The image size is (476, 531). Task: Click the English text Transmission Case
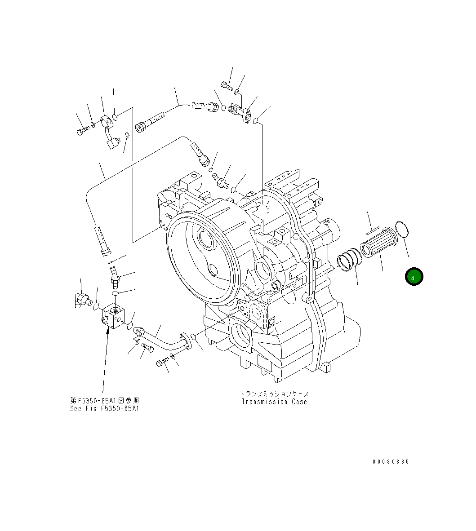tap(274, 402)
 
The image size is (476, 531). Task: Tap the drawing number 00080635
tap(391, 462)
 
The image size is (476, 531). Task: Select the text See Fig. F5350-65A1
tap(104, 408)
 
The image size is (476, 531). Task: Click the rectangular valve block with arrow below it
tap(114, 317)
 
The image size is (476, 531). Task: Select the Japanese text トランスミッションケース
tap(274, 394)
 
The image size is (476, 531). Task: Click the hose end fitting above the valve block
tap(103, 240)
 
